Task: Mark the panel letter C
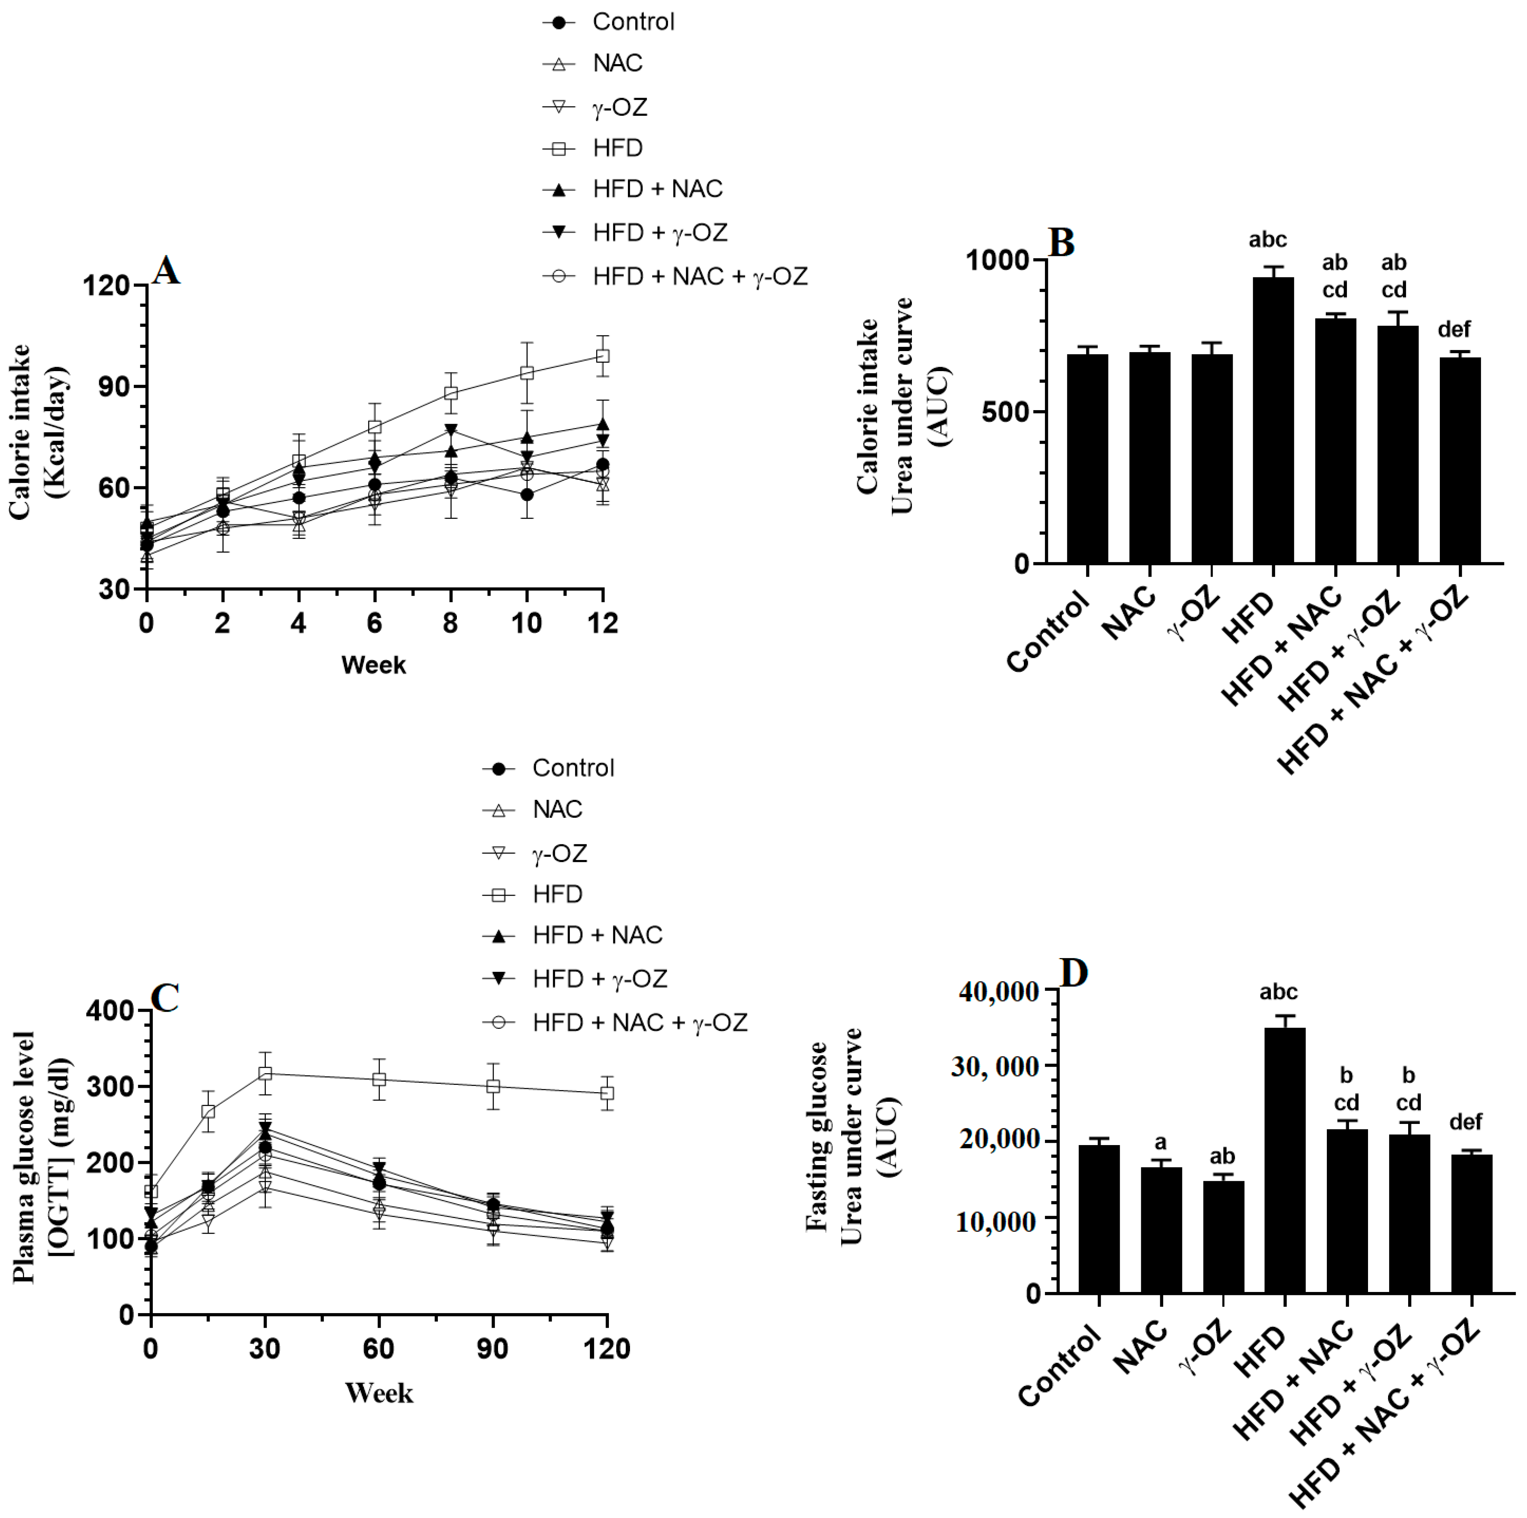(164, 998)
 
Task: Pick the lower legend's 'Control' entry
(572, 768)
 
